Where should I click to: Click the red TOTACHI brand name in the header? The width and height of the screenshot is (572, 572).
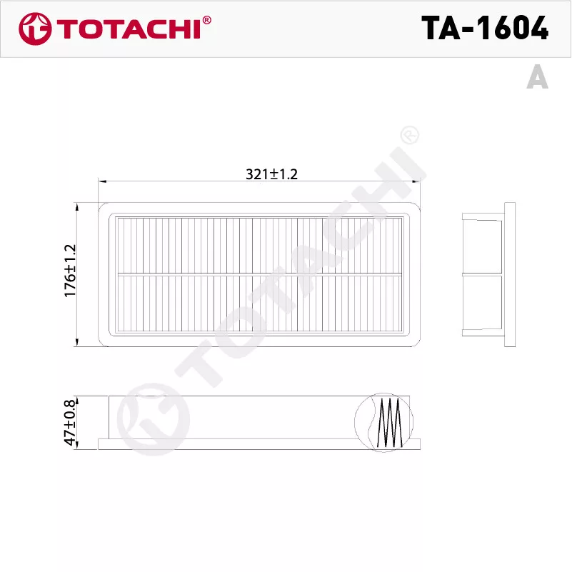click(129, 29)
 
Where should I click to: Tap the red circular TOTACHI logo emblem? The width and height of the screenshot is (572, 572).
click(35, 29)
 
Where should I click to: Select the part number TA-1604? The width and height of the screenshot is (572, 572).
click(485, 28)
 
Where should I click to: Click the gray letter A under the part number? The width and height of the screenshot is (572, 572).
click(537, 76)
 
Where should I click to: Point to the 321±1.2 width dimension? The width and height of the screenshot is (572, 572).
click(272, 174)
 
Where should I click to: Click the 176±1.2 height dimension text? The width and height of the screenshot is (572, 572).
click(70, 271)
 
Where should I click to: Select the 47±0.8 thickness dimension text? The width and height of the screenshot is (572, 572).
click(70, 423)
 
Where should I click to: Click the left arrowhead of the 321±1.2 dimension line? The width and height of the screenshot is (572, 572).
click(102, 181)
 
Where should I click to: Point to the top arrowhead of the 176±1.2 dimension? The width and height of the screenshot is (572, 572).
click(77, 206)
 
